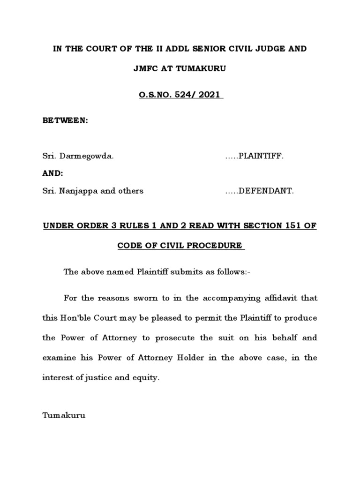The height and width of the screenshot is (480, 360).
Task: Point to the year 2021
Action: (210, 96)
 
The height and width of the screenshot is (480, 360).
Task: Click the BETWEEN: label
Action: (66, 120)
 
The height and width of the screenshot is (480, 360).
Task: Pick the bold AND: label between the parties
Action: (52, 173)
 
